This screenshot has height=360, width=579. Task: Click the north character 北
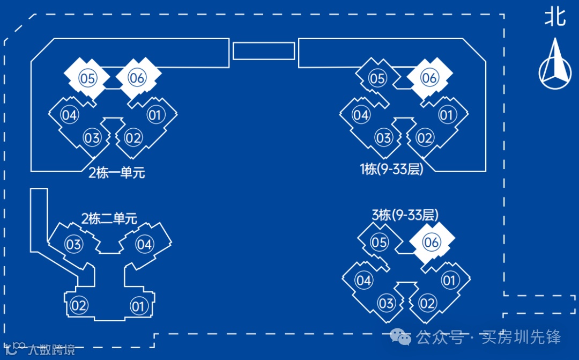555,16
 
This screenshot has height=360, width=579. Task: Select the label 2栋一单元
117,173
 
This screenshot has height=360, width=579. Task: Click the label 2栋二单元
109,218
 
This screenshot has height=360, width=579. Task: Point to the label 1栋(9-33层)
391,170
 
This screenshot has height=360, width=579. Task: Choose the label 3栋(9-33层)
405,215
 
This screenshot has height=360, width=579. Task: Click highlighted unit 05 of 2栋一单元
87,78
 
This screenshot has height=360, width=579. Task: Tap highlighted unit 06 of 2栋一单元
137,78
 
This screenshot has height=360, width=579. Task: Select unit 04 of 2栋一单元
69,115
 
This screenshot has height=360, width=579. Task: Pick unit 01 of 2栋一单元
154,115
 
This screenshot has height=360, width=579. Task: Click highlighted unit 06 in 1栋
429,78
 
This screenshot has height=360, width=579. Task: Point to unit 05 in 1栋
377,79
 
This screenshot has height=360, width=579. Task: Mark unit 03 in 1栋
383,138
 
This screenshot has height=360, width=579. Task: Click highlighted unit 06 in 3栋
431,242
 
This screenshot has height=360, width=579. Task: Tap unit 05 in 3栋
379,242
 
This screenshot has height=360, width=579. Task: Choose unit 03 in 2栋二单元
73,245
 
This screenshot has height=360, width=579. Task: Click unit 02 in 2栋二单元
79,306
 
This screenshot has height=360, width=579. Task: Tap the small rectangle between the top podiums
263,51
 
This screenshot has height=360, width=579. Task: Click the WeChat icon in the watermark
400,337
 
